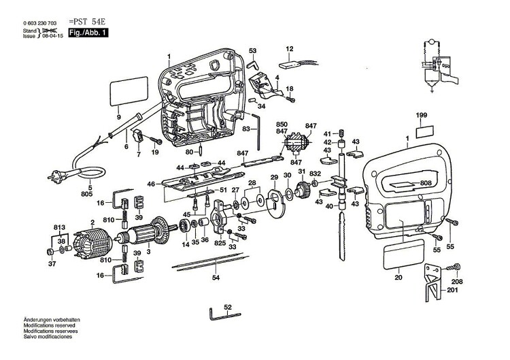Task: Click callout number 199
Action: pyautogui.click(x=422, y=117)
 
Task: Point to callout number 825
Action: pyautogui.click(x=220, y=242)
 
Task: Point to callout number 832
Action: pyautogui.click(x=315, y=174)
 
